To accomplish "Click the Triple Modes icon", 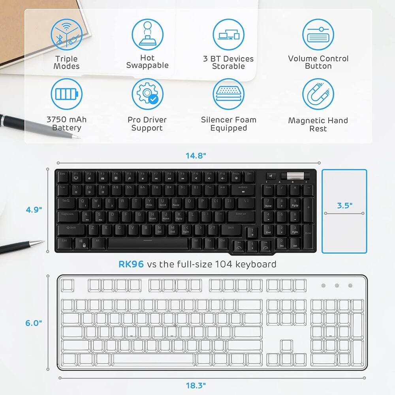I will pyautogui.click(x=67, y=35).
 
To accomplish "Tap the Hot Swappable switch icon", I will pyautogui.click(x=147, y=35).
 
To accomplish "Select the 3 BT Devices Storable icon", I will pyautogui.click(x=228, y=35).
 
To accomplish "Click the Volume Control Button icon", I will pyautogui.click(x=318, y=35).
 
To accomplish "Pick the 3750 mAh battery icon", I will pyautogui.click(x=67, y=95).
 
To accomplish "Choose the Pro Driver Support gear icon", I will pyautogui.click(x=147, y=95).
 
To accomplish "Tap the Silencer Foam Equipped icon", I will pyautogui.click(x=228, y=95).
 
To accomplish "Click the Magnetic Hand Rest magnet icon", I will pyautogui.click(x=318, y=95).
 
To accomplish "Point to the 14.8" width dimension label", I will pyautogui.click(x=196, y=156).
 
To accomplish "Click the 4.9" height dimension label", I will pyautogui.click(x=34, y=209).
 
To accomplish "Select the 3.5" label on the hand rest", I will pyautogui.click(x=344, y=205).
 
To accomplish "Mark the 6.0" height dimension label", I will pyautogui.click(x=34, y=323).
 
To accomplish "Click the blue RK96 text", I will pyautogui.click(x=131, y=264).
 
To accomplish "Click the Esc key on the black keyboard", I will pyautogui.click(x=63, y=174).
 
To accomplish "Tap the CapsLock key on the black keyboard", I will pyautogui.click(x=68, y=216).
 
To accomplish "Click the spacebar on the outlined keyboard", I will pyautogui.click(x=154, y=359).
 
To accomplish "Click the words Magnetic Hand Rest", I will pyautogui.click(x=318, y=124).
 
